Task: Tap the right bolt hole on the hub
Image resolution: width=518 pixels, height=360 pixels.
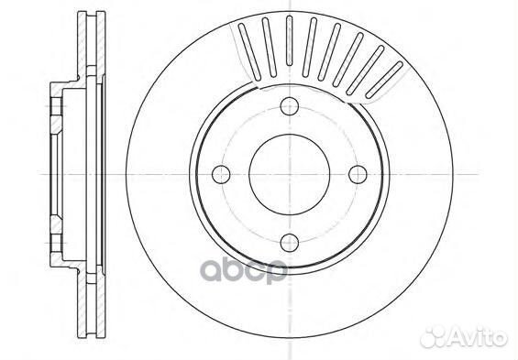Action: (358, 172)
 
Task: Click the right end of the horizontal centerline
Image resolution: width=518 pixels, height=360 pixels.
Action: (510, 172)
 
